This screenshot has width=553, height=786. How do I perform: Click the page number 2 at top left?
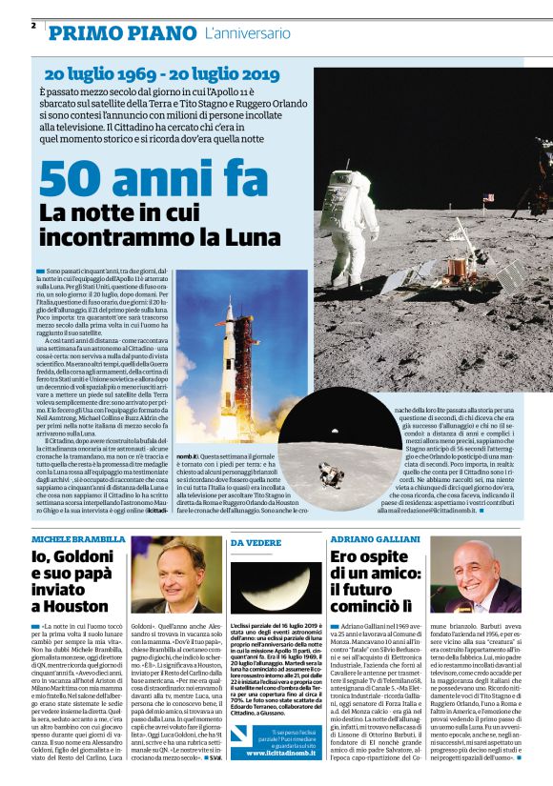34,25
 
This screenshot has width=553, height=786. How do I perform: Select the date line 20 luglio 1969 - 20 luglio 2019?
161,74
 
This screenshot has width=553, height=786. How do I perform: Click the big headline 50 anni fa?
142,178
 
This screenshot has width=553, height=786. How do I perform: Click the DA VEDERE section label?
253,542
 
